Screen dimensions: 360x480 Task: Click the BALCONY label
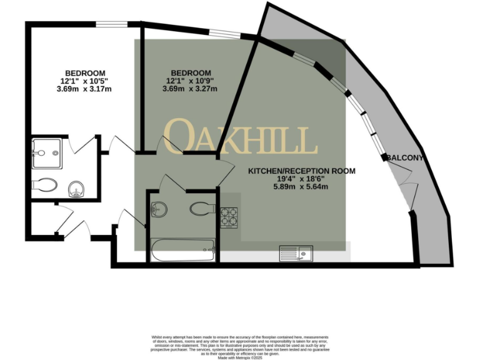404,158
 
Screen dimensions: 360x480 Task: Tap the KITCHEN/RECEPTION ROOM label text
302,171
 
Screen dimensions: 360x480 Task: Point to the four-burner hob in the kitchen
229,217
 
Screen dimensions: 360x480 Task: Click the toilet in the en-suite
45,185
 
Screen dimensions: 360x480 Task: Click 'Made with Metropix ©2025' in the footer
239,357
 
